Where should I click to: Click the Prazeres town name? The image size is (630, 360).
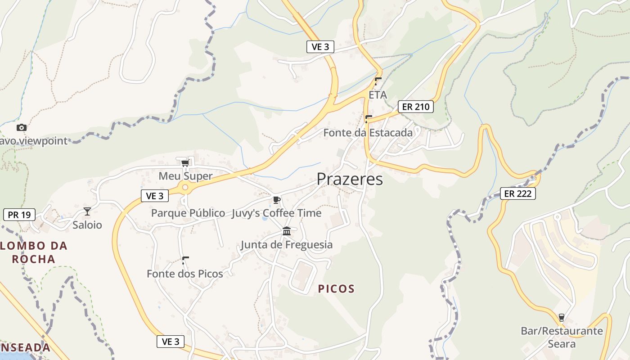pyautogui.click(x=350, y=179)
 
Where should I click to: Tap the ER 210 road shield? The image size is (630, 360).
pyautogui.click(x=416, y=107)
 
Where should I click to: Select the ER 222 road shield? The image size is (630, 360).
pyautogui.click(x=518, y=193)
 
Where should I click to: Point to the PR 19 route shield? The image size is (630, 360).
pyautogui.click(x=19, y=215)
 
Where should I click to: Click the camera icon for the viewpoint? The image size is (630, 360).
pyautogui.click(x=21, y=128)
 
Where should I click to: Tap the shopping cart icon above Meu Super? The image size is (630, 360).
pyautogui.click(x=184, y=162)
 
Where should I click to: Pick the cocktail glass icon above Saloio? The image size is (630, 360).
pyautogui.click(x=87, y=211)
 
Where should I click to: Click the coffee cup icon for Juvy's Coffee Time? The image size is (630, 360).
pyautogui.click(x=276, y=200)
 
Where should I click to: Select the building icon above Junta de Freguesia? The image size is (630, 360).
pyautogui.click(x=287, y=231)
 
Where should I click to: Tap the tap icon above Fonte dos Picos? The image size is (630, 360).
pyautogui.click(x=185, y=260)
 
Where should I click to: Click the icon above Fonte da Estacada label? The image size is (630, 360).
pyautogui.click(x=369, y=119)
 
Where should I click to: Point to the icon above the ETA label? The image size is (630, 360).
pyautogui.click(x=378, y=81)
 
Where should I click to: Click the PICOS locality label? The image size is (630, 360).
pyautogui.click(x=336, y=289)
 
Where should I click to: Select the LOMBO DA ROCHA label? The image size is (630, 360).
pyautogui.click(x=34, y=252)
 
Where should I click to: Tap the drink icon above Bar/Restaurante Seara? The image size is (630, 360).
pyautogui.click(x=561, y=318)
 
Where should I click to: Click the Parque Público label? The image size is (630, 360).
pyautogui.click(x=188, y=213)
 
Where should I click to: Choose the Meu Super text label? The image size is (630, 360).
pyautogui.click(x=185, y=176)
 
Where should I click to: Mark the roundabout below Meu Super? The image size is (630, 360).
pyautogui.click(x=184, y=188)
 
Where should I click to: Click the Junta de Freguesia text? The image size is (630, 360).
pyautogui.click(x=287, y=245)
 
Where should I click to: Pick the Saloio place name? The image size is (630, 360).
pyautogui.click(x=87, y=225)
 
